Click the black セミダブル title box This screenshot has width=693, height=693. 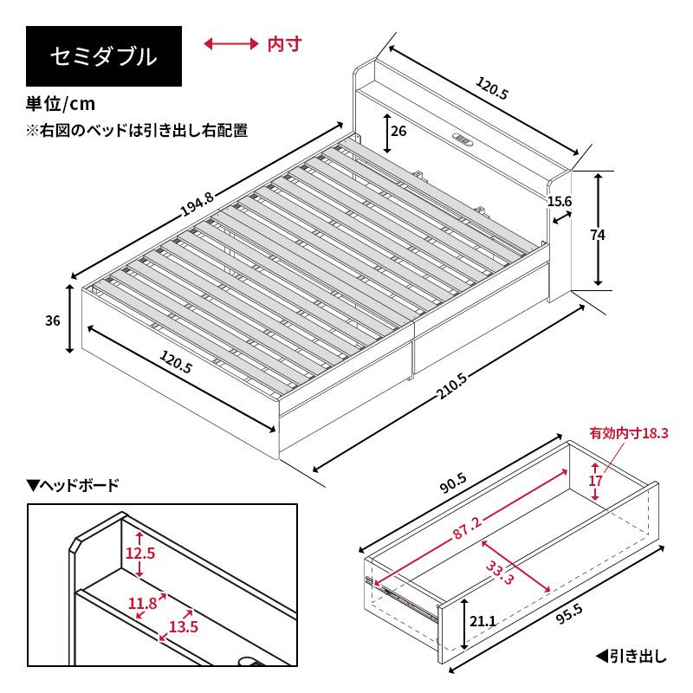[x=104, y=57]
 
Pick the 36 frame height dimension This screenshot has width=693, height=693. [x=52, y=321]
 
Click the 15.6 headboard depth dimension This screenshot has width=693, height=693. [x=560, y=201]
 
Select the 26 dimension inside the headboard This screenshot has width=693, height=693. [x=398, y=132]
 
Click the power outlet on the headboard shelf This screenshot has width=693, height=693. [x=463, y=138]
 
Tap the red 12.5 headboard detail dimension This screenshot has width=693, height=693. [x=139, y=554]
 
